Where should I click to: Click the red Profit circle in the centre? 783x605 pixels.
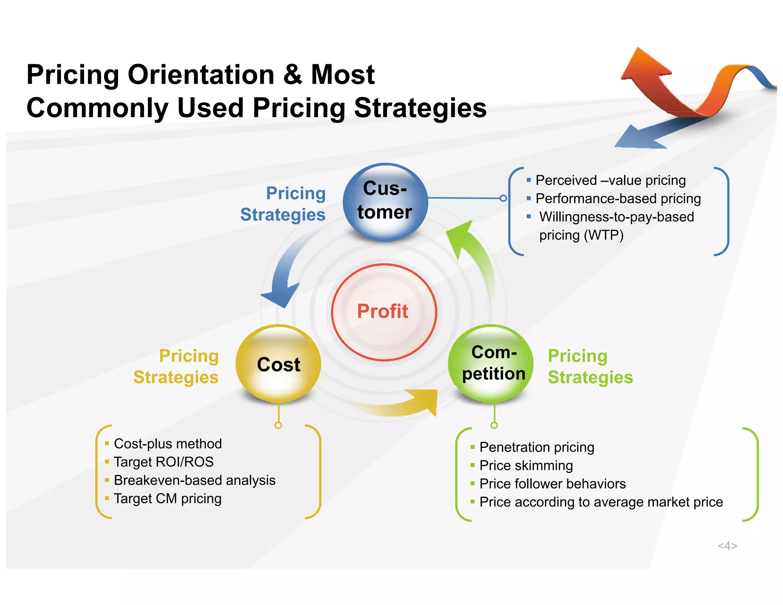pyautogui.click(x=383, y=312)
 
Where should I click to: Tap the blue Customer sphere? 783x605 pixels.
pyautogui.click(x=385, y=202)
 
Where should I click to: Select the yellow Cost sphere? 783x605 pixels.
pyautogui.click(x=278, y=364)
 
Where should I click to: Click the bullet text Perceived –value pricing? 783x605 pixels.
pyautogui.click(x=610, y=180)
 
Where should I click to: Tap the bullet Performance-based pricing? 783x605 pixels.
pyautogui.click(x=618, y=198)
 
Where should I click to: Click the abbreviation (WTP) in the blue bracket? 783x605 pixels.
pyautogui.click(x=604, y=235)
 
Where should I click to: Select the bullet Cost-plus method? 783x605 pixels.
pyautogui.click(x=167, y=444)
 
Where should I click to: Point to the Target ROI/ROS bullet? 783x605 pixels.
pyautogui.click(x=164, y=462)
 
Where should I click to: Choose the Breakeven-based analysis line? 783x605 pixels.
pyautogui.click(x=194, y=480)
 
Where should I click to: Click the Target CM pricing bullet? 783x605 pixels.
pyautogui.click(x=167, y=499)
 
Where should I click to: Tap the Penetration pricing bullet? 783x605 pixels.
pyautogui.click(x=537, y=447)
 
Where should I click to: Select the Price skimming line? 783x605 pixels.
pyautogui.click(x=526, y=465)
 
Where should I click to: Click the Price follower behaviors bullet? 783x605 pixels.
pyautogui.click(x=552, y=484)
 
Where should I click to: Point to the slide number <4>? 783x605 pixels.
pyautogui.click(x=727, y=546)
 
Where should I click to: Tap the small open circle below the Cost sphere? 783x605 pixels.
pyautogui.click(x=278, y=425)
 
